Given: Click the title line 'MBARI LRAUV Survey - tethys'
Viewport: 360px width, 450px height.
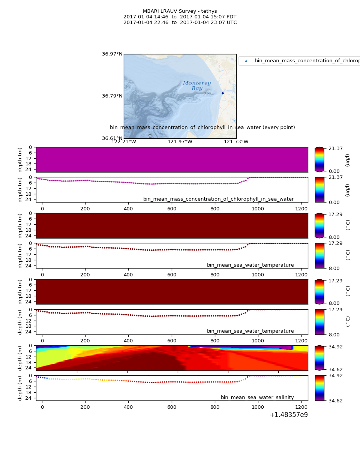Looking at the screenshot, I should pyautogui.click(x=180, y=11).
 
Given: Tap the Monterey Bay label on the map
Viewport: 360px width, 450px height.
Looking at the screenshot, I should pyautogui.click(x=197, y=85).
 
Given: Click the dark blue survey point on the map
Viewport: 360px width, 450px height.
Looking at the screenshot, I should pyautogui.click(x=222, y=93).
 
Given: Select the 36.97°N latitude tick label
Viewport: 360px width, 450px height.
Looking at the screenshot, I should pyautogui.click(x=112, y=54).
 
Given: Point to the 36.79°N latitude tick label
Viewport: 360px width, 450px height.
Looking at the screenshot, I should pyautogui.click(x=112, y=96).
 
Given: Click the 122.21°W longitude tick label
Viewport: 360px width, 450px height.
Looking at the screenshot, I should pyautogui.click(x=124, y=142).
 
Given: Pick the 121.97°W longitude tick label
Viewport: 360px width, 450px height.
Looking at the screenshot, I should pyautogui.click(x=180, y=142).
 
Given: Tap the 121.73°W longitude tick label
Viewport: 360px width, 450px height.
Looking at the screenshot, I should pyautogui.click(x=236, y=142).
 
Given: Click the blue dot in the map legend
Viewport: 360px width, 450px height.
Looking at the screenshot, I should pyautogui.click(x=246, y=61).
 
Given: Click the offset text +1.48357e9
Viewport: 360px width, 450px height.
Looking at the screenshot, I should pyautogui.click(x=288, y=415).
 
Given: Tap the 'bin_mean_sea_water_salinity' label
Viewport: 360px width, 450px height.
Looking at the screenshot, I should pyautogui.click(x=257, y=397).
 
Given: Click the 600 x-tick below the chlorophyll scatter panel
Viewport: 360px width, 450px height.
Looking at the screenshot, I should pyautogui.click(x=172, y=208).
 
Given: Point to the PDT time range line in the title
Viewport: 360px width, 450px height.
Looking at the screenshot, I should pyautogui.click(x=180, y=17).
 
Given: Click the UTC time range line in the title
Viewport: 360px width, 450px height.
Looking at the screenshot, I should pyautogui.click(x=180, y=22).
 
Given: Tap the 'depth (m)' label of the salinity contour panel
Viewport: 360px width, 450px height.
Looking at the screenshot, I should pyautogui.click(x=20, y=358).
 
